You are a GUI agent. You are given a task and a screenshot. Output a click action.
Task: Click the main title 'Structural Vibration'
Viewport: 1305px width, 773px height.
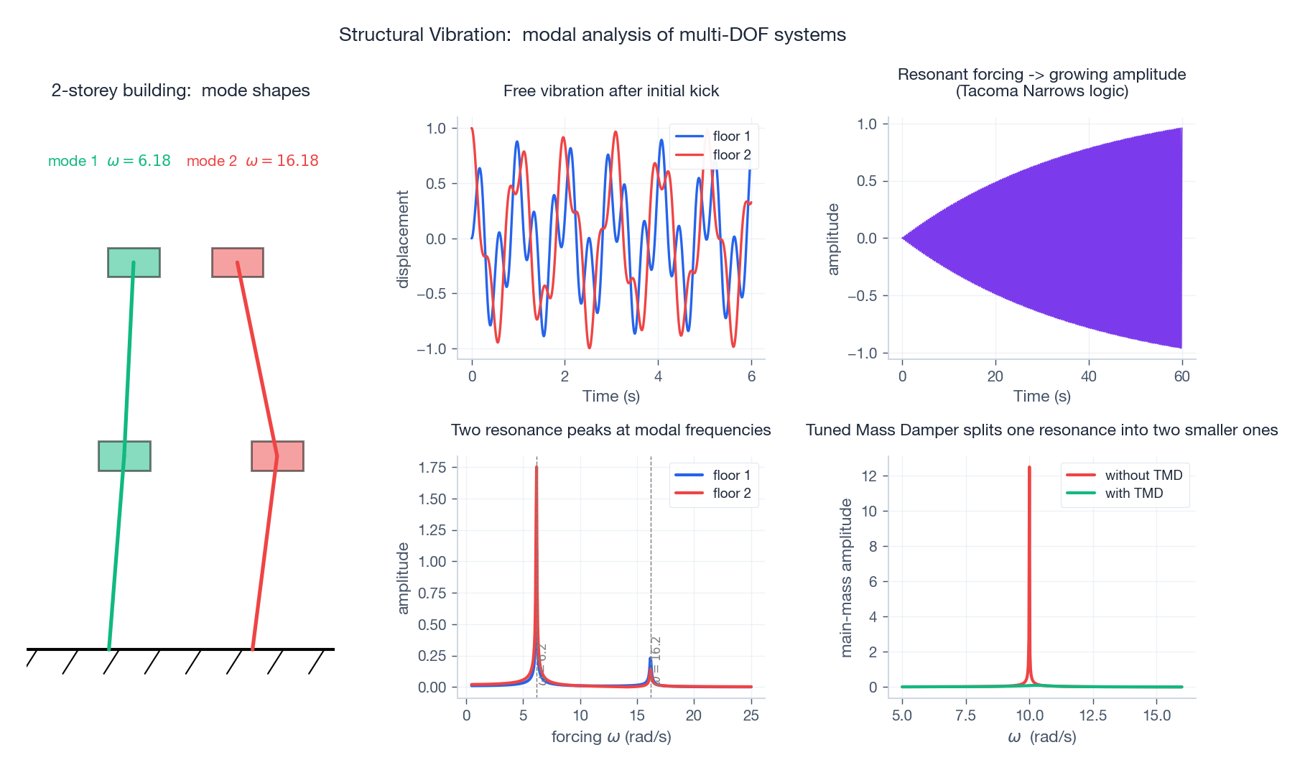592,34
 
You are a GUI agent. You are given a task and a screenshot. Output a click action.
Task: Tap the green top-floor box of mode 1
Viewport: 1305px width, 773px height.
134,262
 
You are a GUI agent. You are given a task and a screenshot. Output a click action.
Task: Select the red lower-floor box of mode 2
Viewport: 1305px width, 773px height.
277,456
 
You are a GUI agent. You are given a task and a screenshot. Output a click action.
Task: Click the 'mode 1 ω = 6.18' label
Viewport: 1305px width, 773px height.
109,161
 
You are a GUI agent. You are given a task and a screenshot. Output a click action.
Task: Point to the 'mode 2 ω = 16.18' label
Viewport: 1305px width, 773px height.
252,161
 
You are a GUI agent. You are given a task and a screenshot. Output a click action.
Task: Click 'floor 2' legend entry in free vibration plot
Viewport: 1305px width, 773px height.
731,154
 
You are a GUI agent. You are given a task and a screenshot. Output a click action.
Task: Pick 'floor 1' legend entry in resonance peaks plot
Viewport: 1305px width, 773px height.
731,475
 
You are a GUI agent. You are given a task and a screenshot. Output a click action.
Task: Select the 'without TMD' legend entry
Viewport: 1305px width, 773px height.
1143,475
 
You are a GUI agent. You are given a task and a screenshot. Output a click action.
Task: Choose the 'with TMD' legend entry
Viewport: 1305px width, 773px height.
1133,493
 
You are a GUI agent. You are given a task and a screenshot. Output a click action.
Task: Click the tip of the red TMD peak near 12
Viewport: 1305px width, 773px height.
1029,468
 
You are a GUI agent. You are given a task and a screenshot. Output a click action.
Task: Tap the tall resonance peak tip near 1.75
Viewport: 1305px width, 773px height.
537,468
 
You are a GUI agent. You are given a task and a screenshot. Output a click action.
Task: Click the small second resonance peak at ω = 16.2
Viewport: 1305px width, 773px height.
651,659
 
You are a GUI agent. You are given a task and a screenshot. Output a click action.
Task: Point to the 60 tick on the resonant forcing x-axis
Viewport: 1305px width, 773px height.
1181,376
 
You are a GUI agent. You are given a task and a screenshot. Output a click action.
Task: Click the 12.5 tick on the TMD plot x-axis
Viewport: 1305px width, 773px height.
1093,716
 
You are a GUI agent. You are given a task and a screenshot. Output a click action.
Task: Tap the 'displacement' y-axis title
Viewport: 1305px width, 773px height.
403,239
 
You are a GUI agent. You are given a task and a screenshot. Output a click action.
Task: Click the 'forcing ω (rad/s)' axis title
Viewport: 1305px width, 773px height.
611,736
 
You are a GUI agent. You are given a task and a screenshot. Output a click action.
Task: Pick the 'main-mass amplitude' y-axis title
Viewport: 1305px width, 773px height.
846,578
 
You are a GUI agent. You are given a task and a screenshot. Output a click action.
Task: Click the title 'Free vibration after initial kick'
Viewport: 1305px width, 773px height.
611,91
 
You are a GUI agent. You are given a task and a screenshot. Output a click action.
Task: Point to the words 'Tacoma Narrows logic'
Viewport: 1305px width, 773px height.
1041,91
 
